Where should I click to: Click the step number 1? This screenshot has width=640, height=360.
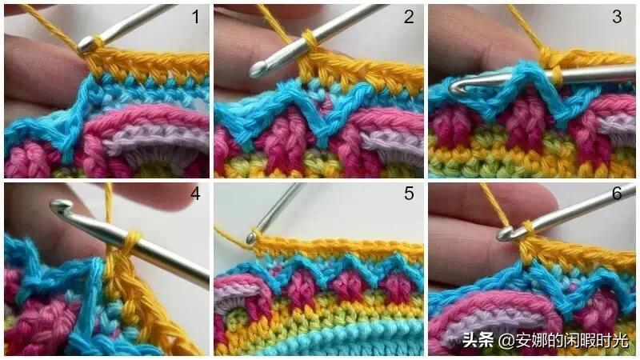196,17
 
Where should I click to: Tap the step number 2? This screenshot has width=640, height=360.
409,17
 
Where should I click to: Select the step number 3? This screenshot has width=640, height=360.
617,17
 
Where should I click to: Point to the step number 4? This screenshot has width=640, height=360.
195,194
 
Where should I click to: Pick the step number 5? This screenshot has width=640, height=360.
409,194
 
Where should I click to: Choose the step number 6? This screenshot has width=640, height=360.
617,194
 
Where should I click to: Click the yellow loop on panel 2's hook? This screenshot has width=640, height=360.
311,41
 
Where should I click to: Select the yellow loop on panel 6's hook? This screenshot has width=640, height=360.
526,231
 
